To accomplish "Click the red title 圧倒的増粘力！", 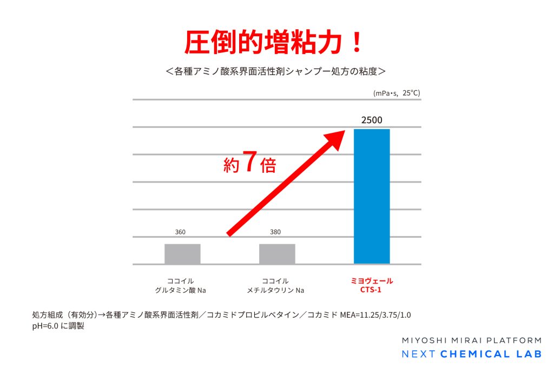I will [274, 42].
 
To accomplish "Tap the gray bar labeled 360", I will [182, 254].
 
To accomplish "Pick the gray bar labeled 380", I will [277, 254].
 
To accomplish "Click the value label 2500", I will [372, 120].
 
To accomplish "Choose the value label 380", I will [276, 232].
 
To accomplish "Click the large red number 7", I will [249, 162].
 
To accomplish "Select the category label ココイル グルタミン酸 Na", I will [181, 285].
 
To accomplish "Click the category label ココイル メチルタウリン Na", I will [275, 285].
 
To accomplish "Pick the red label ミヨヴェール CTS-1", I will [371, 285].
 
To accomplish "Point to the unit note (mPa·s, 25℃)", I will [397, 93].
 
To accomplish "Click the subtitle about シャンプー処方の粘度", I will [276, 71].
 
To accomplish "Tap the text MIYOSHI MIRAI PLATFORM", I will [471, 340].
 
